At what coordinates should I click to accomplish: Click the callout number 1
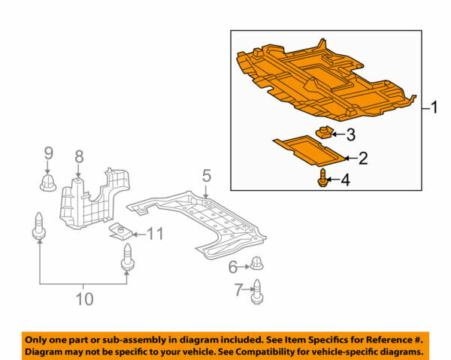[x=434, y=108]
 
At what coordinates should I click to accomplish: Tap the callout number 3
[x=350, y=135]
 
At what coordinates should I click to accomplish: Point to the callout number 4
[x=345, y=180]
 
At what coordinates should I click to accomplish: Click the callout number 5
[x=207, y=177]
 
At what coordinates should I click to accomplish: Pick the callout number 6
[x=234, y=265]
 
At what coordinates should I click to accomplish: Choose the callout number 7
[x=239, y=290]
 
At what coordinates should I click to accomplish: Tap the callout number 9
[x=48, y=153]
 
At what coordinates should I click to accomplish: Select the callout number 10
[x=84, y=299]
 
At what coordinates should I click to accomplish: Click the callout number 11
[x=154, y=234]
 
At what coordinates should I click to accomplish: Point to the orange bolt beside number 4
[x=324, y=180]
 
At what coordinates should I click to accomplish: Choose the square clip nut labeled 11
[x=120, y=231]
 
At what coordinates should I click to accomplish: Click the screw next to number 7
[x=258, y=291]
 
